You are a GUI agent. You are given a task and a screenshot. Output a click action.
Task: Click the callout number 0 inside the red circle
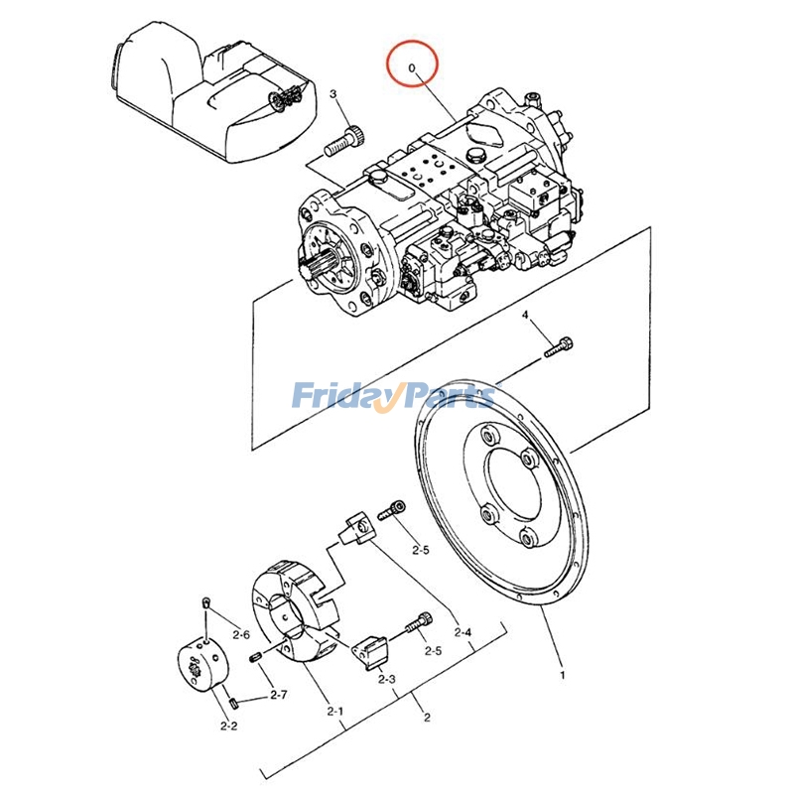click(412, 67)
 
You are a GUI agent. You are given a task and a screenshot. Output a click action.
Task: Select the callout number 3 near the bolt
click(332, 93)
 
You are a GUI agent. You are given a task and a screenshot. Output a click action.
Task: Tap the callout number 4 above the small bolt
click(525, 315)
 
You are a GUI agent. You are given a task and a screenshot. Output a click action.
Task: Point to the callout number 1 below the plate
click(562, 675)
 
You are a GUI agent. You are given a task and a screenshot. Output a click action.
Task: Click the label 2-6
click(241, 634)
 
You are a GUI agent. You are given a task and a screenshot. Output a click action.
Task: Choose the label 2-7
click(279, 695)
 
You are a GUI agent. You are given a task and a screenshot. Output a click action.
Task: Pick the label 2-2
click(229, 726)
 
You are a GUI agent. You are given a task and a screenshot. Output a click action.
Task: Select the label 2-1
click(334, 711)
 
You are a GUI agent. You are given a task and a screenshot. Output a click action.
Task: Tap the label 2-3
click(386, 679)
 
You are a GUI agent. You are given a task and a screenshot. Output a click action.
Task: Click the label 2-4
click(463, 632)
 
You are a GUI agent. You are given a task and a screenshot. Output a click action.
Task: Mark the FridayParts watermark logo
click(394, 396)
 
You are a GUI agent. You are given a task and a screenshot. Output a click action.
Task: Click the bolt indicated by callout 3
click(345, 141)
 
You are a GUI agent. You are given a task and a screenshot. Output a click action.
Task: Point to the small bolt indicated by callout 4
click(559, 347)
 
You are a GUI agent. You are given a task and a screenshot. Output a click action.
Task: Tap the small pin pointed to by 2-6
click(205, 602)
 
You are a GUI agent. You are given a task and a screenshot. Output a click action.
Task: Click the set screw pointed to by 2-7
click(256, 657)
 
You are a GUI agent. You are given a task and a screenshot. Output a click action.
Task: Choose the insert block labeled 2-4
click(359, 529)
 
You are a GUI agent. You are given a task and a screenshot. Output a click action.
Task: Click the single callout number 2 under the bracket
click(427, 717)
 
